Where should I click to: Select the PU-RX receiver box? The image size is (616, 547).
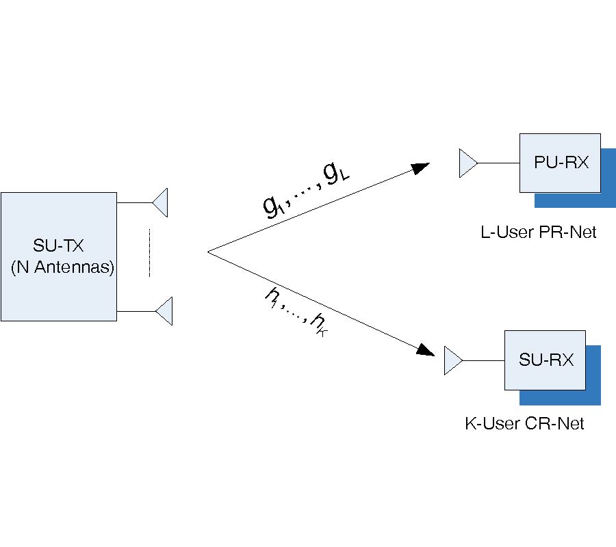[559, 163]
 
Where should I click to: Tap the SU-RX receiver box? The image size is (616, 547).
[545, 360]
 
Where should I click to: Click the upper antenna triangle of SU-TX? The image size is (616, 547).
[161, 203]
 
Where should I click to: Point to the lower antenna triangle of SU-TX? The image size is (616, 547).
[164, 311]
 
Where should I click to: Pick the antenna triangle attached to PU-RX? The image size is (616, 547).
[467, 164]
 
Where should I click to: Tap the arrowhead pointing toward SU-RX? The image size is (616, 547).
[426, 349]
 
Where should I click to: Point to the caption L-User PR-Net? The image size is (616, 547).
[538, 232]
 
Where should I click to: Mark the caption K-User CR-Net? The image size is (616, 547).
[524, 424]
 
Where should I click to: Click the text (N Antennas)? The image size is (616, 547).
[62, 268]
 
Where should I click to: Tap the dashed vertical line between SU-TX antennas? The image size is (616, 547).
[149, 254]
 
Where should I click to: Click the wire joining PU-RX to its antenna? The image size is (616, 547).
[498, 164]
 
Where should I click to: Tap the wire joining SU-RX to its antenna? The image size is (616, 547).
[483, 360]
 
